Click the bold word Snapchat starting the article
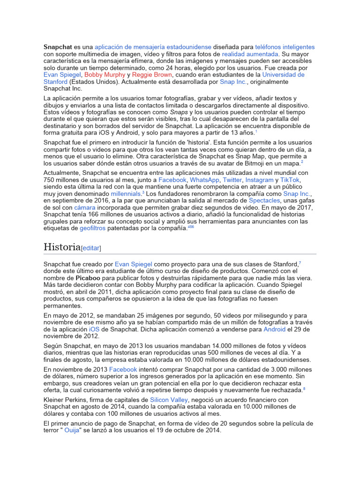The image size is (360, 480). click(58, 47)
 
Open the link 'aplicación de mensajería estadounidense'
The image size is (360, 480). click(153, 47)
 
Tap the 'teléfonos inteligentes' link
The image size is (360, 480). click(285, 47)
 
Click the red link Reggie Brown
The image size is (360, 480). click(152, 75)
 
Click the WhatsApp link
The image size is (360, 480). click(204, 180)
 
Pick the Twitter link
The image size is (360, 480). click(232, 180)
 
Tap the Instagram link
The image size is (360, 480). click(259, 180)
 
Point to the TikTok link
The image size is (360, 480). click(290, 180)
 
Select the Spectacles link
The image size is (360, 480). click(264, 200)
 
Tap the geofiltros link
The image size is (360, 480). click(92, 228)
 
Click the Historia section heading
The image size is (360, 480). click(62, 247)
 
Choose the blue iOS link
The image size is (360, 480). click(94, 330)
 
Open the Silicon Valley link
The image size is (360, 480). click(169, 400)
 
